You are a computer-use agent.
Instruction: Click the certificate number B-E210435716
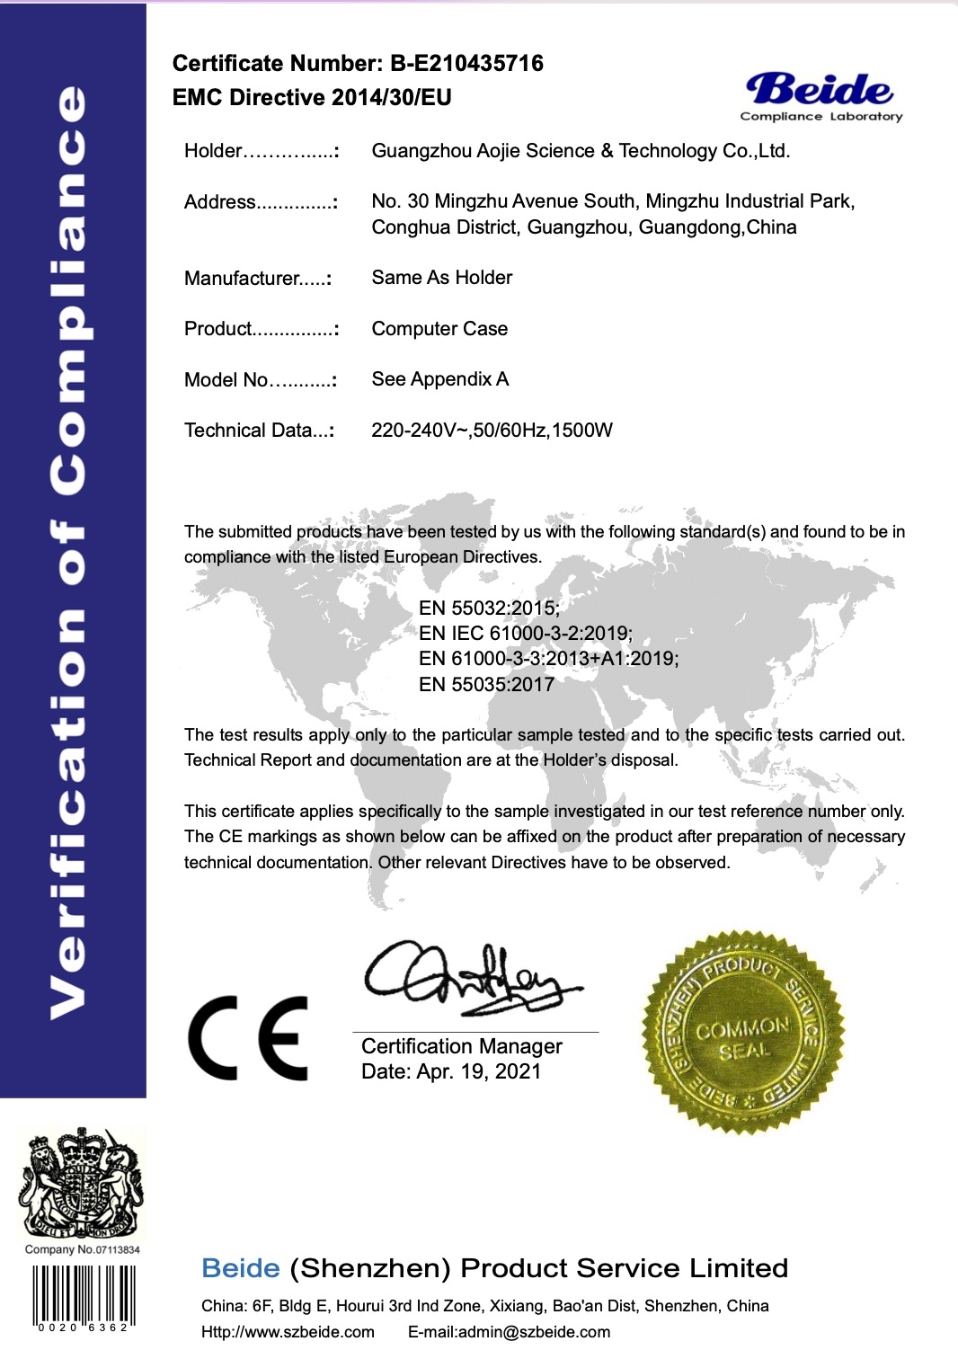[466, 63]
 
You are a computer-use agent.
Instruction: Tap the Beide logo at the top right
[821, 95]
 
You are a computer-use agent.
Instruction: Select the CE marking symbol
[248, 1037]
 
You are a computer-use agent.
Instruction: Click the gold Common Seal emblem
[742, 1032]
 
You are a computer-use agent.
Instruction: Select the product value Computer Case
[439, 329]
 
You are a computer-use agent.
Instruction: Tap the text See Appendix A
[439, 379]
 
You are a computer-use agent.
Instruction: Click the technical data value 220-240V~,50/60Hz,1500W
[492, 431]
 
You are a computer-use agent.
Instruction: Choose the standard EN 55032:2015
[489, 608]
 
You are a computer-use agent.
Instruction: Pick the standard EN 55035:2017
[486, 685]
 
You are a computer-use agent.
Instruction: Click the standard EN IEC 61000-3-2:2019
[525, 633]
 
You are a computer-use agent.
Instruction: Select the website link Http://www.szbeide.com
[288, 1332]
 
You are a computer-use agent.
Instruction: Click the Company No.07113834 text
[82, 1249]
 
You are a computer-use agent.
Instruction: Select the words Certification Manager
[461, 1046]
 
